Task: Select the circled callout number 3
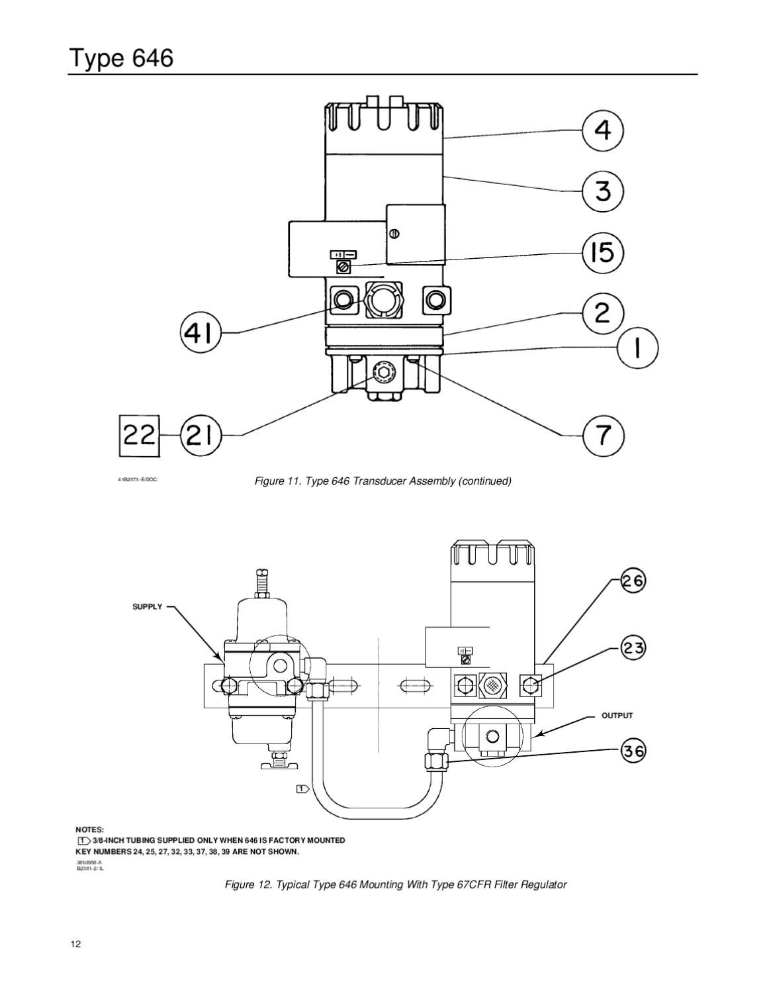point(603,192)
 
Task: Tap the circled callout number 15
point(603,253)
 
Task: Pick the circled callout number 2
point(603,312)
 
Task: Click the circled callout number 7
point(603,435)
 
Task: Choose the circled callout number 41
point(201,332)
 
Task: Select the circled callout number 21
point(201,435)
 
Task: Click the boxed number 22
point(139,435)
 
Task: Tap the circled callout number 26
point(633,581)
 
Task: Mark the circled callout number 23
point(633,647)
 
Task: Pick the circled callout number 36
point(633,751)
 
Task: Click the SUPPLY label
point(147,606)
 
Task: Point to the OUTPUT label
point(617,716)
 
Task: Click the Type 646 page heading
point(121,58)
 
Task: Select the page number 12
point(76,944)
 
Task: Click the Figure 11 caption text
point(383,481)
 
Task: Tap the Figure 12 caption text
point(396,884)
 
